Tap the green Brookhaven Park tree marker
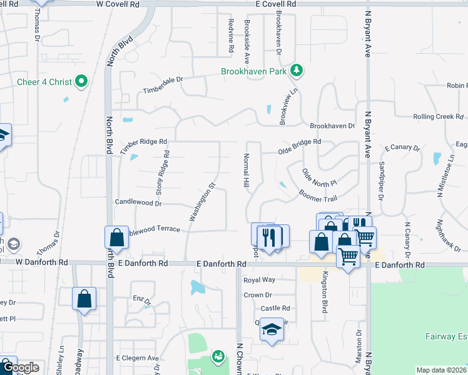coord(297,71)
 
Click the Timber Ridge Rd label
coord(143,142)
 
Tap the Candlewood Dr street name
coord(138,202)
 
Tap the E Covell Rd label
coord(275,4)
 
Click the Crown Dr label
coord(258,294)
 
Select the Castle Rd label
coord(275,308)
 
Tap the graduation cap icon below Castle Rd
coord(272,330)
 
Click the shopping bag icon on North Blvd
coord(116,237)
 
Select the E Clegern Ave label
coord(138,358)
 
